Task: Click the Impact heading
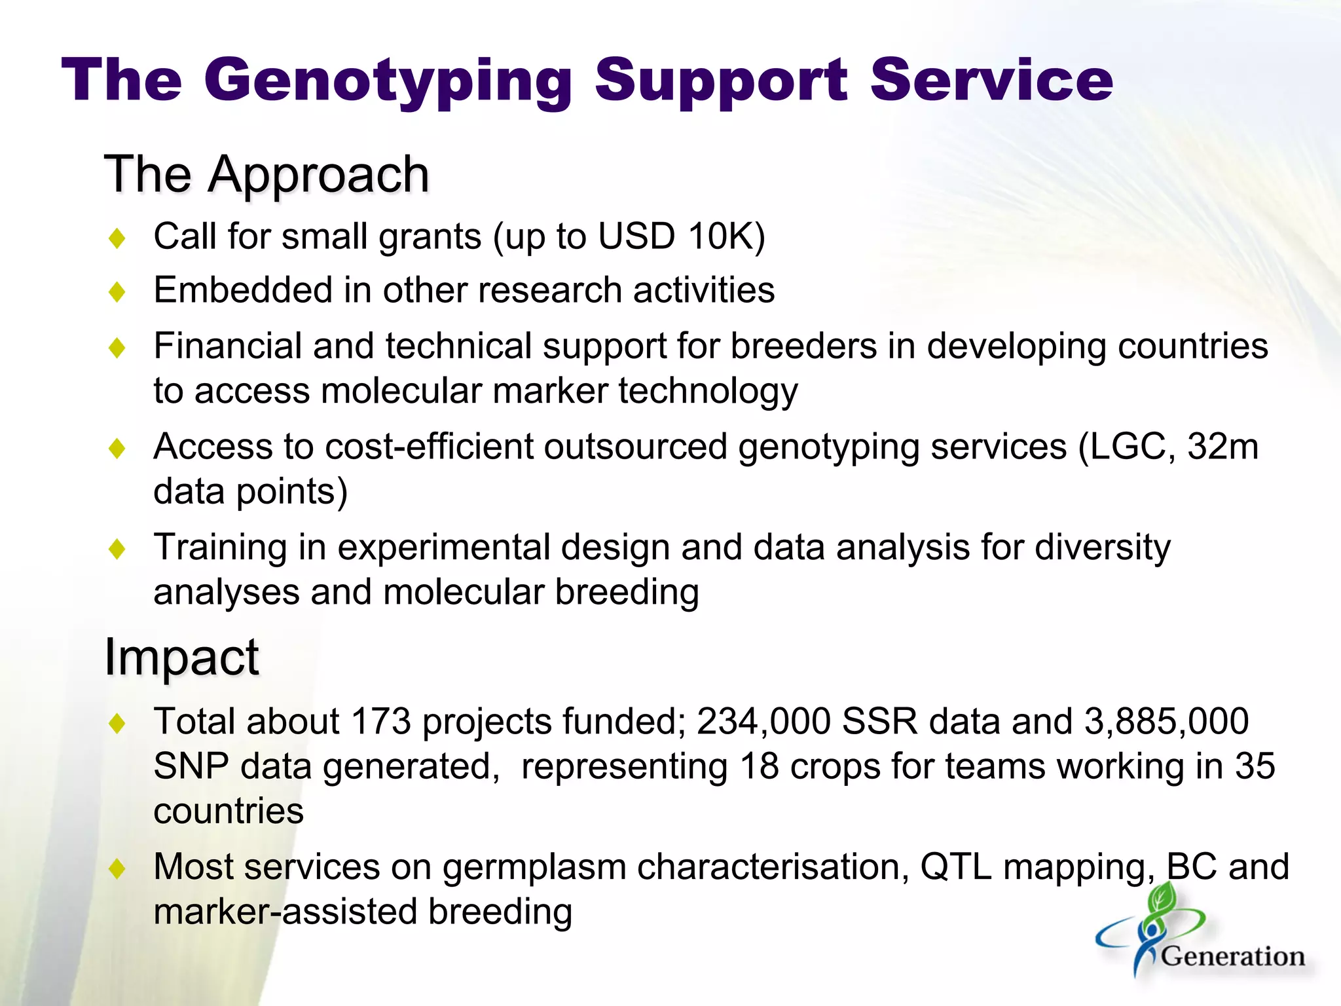[181, 657]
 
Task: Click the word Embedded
[243, 289]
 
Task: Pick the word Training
[220, 547]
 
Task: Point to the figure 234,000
[763, 721]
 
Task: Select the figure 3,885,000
[1166, 721]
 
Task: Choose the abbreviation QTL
[956, 866]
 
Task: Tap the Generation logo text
[1233, 956]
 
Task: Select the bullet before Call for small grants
[117, 238]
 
